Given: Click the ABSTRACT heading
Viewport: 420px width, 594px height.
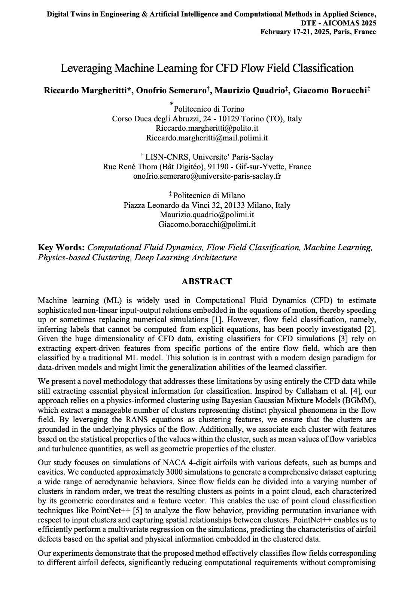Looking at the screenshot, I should (207, 281).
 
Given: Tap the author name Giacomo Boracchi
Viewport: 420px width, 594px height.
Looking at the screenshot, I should (329, 91).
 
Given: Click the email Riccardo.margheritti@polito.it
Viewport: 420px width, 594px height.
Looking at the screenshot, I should (207, 128).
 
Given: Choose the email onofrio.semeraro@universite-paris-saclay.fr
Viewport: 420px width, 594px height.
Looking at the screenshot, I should (207, 176).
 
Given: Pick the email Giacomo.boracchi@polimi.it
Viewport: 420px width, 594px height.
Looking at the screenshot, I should (207, 224).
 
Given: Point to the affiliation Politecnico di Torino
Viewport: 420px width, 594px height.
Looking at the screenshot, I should (209, 109).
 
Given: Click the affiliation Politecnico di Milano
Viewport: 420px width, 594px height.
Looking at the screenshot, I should (209, 195).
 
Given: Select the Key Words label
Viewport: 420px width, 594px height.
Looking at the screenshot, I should (61, 248).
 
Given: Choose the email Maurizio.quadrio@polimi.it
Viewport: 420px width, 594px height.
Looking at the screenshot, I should (207, 215).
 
